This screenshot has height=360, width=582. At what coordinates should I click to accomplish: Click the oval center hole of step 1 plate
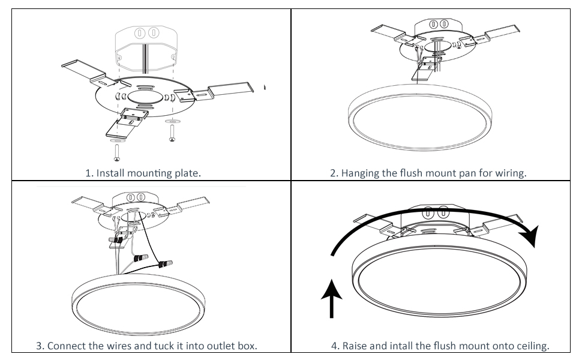144,97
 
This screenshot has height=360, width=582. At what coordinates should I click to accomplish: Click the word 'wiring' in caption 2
510,173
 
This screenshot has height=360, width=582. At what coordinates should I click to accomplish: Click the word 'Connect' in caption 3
66,346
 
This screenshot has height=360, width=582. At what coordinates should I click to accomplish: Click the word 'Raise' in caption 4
355,346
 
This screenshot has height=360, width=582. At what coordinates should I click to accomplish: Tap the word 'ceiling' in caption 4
532,346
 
